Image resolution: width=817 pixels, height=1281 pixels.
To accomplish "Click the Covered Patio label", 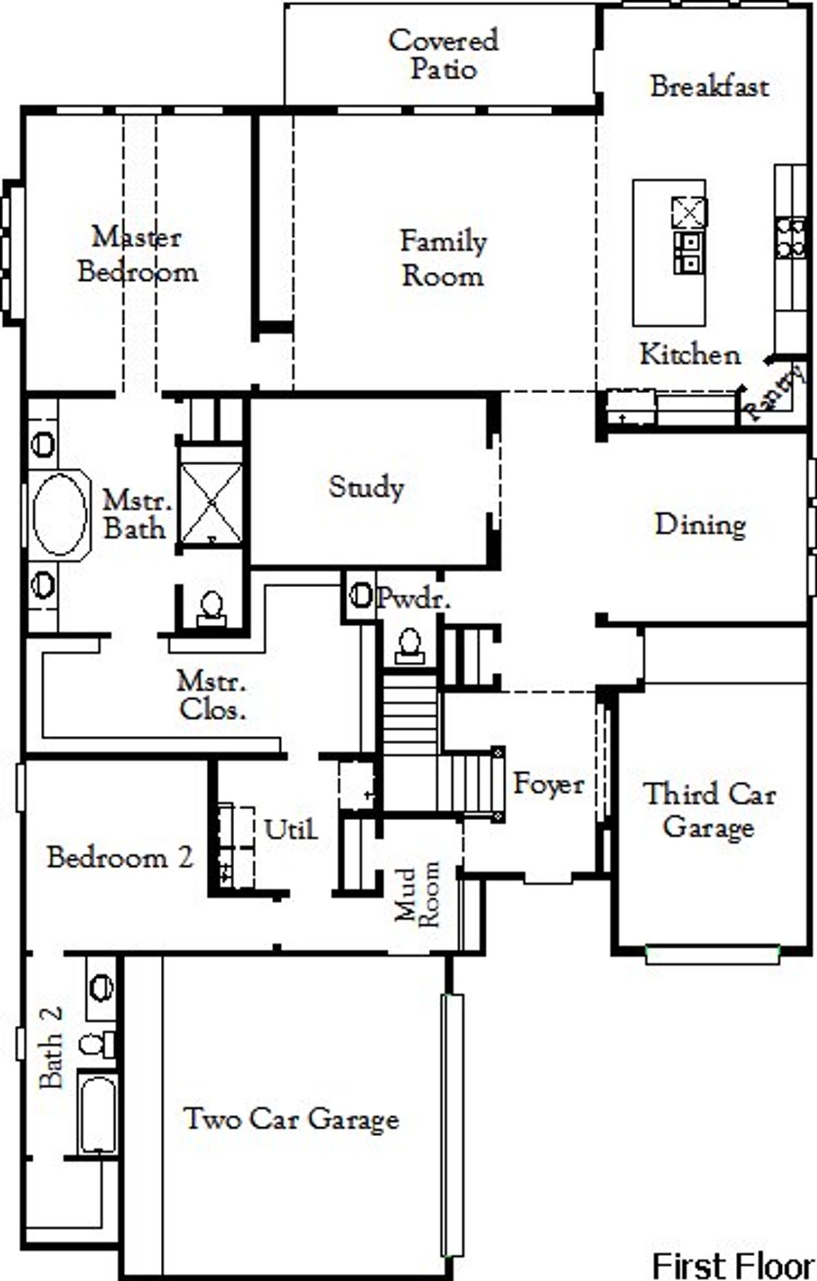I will [x=443, y=54].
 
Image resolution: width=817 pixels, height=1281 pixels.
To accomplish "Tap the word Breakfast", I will [x=709, y=87].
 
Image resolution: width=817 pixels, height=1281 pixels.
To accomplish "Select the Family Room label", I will [x=443, y=258].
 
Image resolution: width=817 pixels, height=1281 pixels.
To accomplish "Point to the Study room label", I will [x=366, y=488].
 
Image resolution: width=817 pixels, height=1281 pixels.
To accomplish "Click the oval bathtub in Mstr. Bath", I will [x=59, y=514].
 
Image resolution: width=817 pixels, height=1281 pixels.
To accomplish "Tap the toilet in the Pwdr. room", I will [x=409, y=646].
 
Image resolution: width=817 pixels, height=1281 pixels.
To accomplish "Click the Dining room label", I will [x=700, y=525].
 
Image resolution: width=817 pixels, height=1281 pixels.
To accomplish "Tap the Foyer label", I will [x=549, y=784].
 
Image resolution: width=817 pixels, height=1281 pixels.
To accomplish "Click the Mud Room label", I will [x=417, y=894].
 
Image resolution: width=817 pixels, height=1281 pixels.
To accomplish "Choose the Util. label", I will [x=290, y=829].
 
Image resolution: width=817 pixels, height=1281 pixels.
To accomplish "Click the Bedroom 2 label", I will [x=119, y=857].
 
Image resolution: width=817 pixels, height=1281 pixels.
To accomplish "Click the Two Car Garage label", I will [x=291, y=1119].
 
